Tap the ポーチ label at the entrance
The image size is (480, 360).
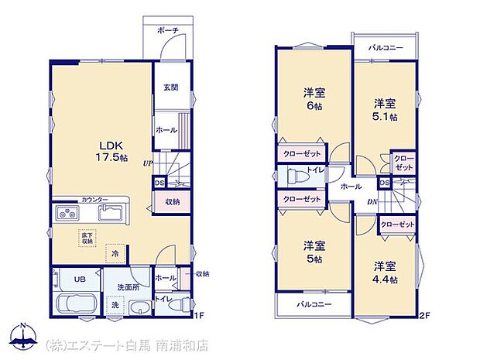(168, 30)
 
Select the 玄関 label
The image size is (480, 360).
(171, 87)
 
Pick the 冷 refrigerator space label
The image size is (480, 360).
(115, 252)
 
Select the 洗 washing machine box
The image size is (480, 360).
(115, 305)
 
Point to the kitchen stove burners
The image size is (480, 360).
(66, 213)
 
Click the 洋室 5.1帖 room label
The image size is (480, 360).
(385, 109)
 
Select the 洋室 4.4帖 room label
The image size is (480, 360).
(384, 272)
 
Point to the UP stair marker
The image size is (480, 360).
(147, 163)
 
